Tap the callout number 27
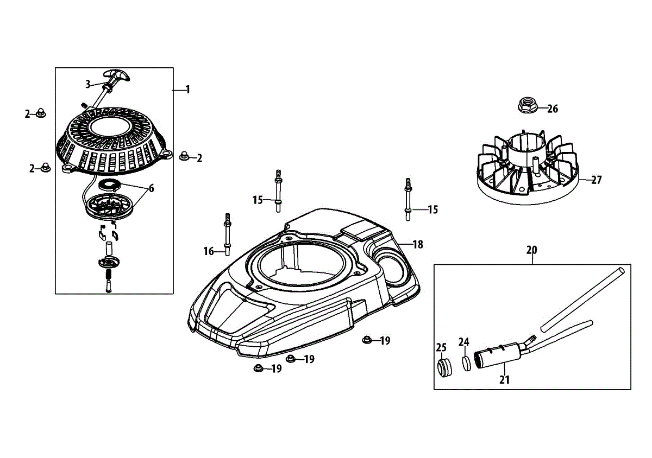(x=597, y=180)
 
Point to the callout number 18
(x=417, y=245)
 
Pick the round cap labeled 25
(x=445, y=366)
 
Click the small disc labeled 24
(x=466, y=362)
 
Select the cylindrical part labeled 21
(x=498, y=355)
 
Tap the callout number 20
(x=531, y=250)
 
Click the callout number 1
(x=187, y=90)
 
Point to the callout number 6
(x=151, y=188)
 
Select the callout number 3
(x=87, y=84)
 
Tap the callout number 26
(x=552, y=109)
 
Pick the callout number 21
(x=505, y=380)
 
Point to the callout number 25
(x=441, y=347)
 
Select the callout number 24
(x=463, y=342)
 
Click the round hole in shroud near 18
(x=390, y=262)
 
